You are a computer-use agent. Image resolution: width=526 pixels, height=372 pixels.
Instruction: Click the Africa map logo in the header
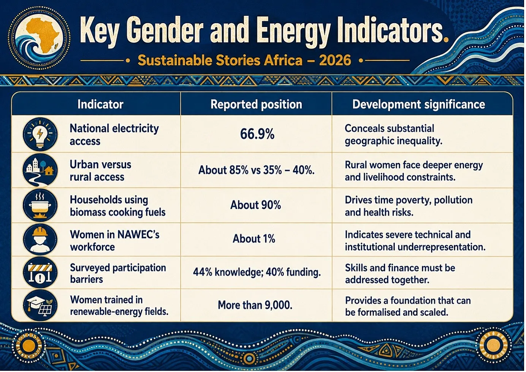(x=39, y=38)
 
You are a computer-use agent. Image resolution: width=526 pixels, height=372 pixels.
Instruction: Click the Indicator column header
(x=100, y=104)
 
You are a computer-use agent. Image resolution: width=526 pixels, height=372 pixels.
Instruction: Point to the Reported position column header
(x=256, y=104)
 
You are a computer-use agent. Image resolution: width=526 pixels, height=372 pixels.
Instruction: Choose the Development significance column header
(x=419, y=104)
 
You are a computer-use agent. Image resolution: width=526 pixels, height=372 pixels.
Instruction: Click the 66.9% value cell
(x=257, y=134)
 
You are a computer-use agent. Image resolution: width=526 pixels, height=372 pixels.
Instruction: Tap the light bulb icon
(x=40, y=134)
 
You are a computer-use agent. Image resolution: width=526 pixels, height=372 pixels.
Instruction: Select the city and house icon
(x=40, y=170)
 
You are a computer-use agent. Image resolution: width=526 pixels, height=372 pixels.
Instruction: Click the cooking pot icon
(x=40, y=205)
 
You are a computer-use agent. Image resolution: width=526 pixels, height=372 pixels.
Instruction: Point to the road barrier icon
(x=40, y=273)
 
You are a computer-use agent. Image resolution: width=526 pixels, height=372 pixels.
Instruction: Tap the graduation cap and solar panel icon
(x=40, y=306)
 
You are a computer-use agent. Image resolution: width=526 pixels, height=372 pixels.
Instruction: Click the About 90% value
(x=256, y=205)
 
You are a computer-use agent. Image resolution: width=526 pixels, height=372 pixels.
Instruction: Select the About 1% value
(x=254, y=239)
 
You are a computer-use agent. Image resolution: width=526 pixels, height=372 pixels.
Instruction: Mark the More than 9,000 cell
(x=255, y=305)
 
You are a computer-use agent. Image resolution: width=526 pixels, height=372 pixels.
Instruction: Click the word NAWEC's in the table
(x=138, y=235)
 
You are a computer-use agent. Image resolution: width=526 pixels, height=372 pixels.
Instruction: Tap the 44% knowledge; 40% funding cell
(x=257, y=272)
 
